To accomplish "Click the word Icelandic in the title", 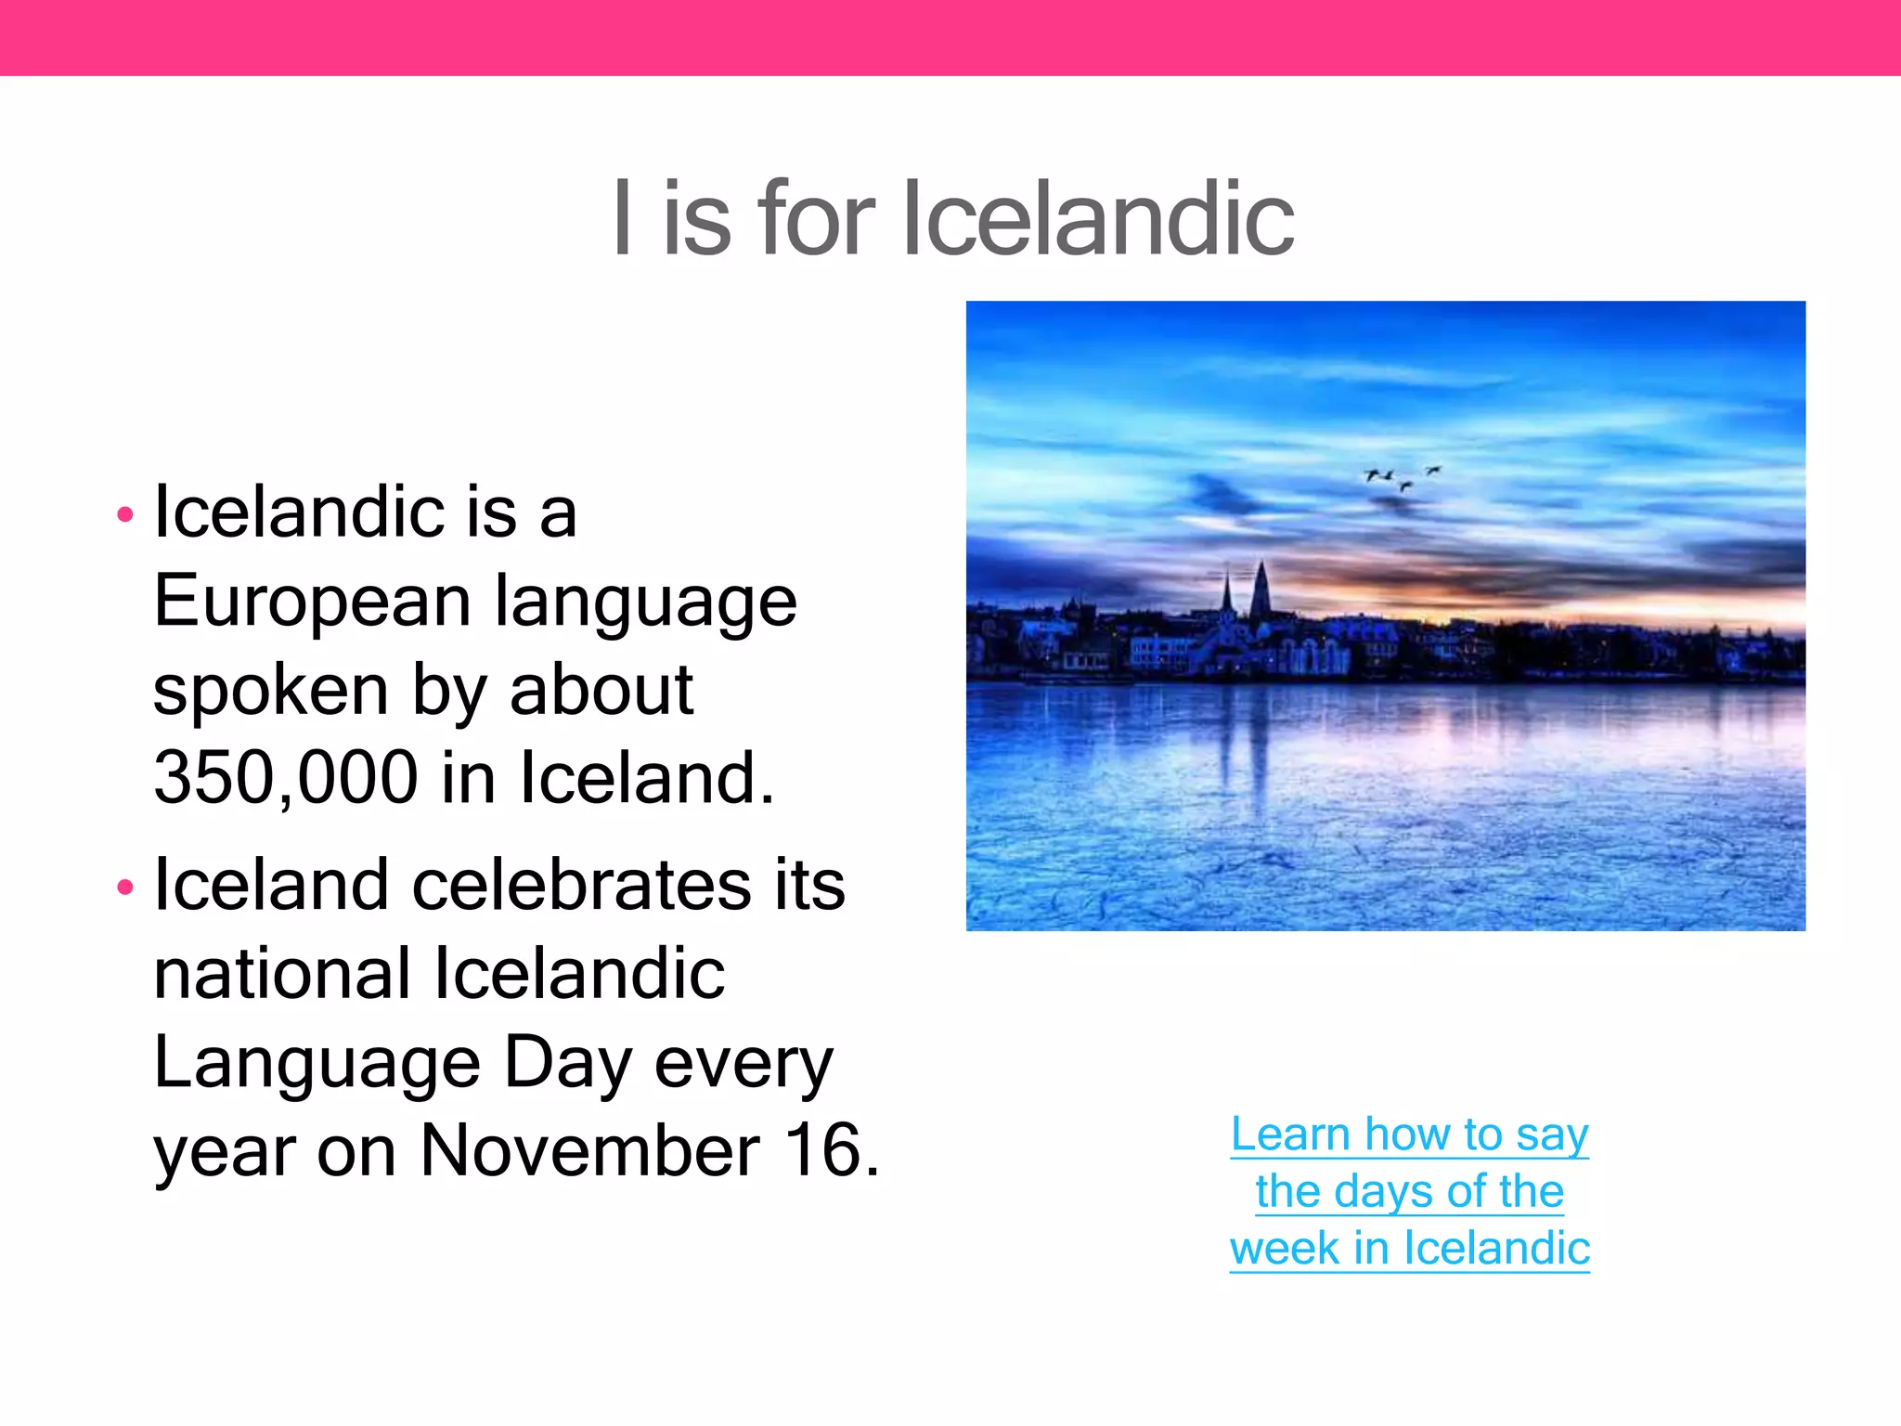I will coord(1097,219).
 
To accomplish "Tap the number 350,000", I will coord(286,778).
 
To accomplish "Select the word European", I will coord(313,603).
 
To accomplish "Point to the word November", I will coord(590,1151).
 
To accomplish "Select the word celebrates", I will coord(581,885).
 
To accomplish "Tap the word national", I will coord(282,974).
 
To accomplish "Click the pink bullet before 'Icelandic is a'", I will coord(125,515).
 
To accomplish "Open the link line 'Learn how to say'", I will coord(1409,1134).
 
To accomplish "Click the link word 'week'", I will coord(1284,1249).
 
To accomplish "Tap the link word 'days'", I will coord(1370,1191).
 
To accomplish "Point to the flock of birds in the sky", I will coord(1402,477).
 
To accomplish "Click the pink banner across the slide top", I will coord(950,37).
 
